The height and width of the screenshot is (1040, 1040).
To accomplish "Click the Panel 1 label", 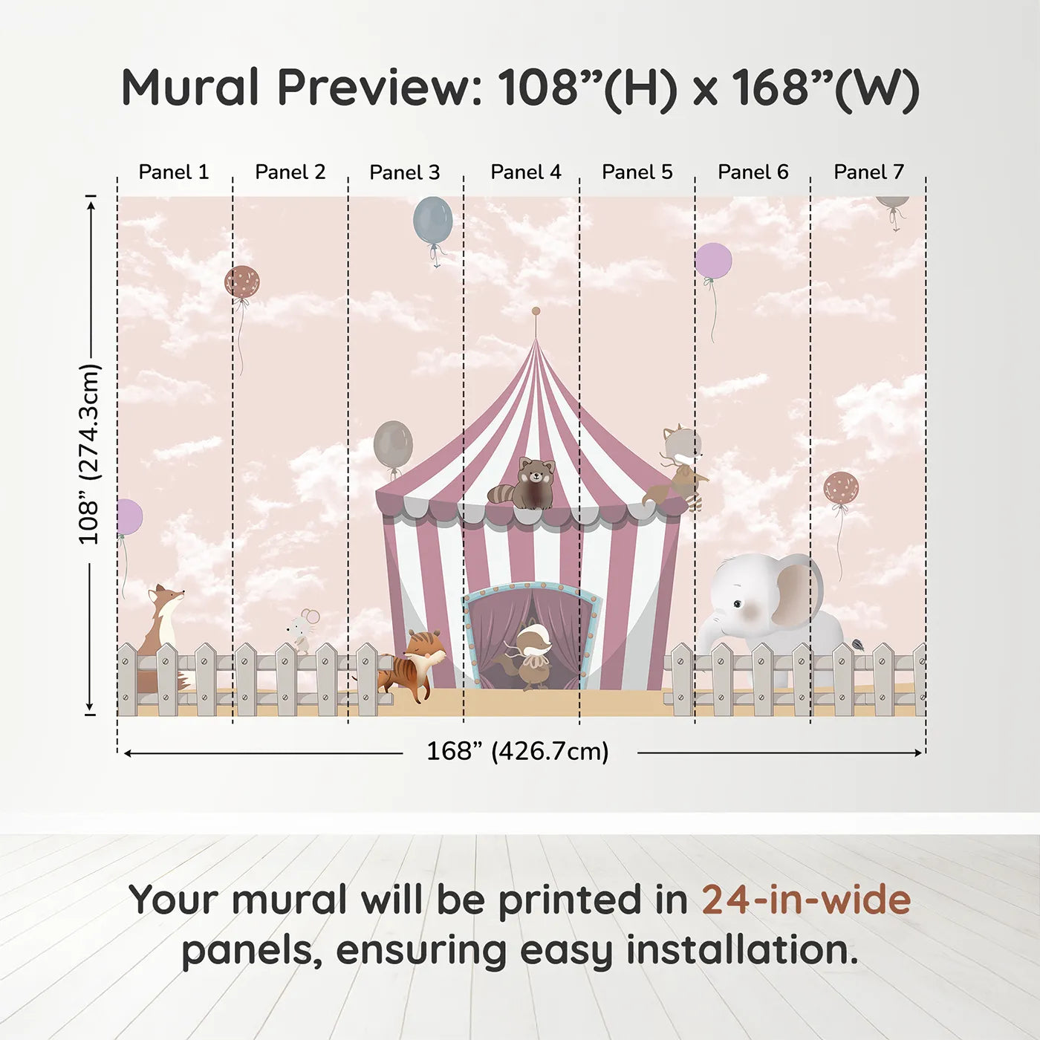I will pos(174,172).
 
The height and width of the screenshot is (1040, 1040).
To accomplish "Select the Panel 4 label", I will pos(526,172).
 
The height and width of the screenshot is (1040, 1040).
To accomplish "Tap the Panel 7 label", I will pos(868,172).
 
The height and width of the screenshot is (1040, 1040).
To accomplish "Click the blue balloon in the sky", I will pos(432,220).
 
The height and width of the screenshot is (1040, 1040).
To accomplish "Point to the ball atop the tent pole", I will pos(536,311).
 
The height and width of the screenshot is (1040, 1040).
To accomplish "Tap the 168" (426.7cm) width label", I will pos(517,752).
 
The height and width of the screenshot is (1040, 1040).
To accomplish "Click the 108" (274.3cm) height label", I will pos(89,455).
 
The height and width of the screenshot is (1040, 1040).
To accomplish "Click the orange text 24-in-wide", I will pos(806,900).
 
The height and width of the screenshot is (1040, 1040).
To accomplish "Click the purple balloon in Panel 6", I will pos(713,261).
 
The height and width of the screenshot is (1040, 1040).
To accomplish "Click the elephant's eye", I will pos(737,604).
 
